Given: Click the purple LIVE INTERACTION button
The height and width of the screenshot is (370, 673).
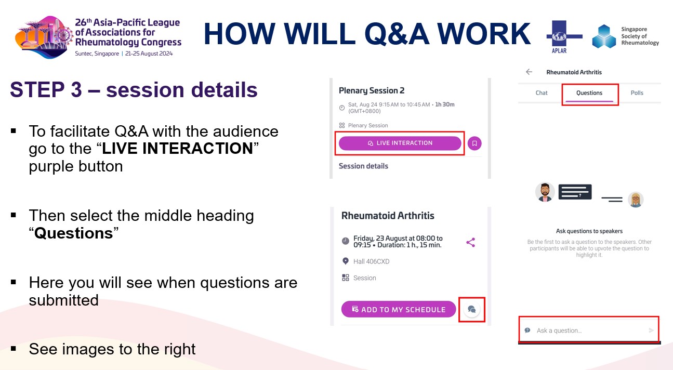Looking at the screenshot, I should click(400, 143).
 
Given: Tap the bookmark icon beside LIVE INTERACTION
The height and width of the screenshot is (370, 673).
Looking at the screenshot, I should click(474, 143).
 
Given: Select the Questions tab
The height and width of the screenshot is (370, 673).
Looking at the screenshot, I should click(589, 93).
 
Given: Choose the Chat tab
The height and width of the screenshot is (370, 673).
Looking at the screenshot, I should click(542, 93).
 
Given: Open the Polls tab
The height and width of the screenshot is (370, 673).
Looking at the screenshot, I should click(637, 93).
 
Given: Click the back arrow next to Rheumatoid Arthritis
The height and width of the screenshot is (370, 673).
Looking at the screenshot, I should click(529, 72).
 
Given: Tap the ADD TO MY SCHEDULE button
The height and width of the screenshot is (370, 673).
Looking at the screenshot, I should click(399, 309).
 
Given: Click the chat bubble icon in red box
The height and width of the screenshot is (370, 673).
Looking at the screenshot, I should click(472, 309).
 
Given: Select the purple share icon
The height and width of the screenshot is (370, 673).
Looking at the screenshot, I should click(470, 242).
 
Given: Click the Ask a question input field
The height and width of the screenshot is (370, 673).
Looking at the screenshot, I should click(582, 331).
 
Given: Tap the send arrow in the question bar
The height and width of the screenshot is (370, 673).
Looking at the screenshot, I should click(651, 331).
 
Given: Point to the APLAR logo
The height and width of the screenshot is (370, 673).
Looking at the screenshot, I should click(564, 36).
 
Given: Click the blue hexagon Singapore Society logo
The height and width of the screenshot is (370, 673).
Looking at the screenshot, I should click(604, 36).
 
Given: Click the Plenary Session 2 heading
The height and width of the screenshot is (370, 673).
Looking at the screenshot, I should click(372, 90).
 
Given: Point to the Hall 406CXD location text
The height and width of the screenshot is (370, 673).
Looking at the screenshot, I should click(371, 261).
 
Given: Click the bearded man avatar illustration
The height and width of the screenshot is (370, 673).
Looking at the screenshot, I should click(545, 192).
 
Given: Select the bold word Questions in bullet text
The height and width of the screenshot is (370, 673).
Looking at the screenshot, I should click(74, 233).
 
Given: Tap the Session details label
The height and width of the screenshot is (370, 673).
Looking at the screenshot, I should click(363, 166).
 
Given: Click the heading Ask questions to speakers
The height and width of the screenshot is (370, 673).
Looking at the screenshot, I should click(589, 231).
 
